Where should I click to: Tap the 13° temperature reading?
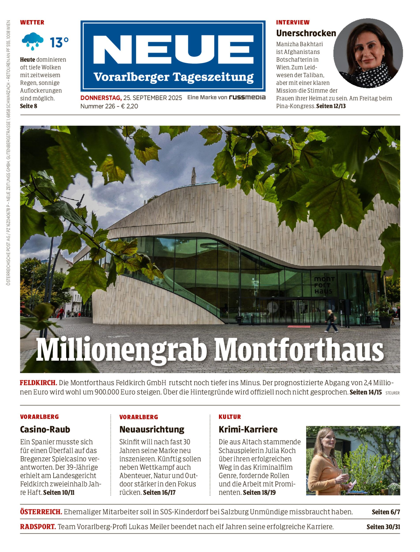[59, 42]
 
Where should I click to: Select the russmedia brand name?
[247, 97]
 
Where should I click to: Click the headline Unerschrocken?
[306, 33]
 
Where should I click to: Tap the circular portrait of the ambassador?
[368, 53]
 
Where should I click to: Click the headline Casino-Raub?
[45, 429]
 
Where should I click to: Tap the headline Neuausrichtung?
[152, 429]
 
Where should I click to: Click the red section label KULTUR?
[229, 417]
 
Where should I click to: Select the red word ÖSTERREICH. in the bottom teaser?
[41, 512]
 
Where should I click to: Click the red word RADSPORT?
[38, 527]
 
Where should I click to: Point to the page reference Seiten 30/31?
[383, 527]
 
